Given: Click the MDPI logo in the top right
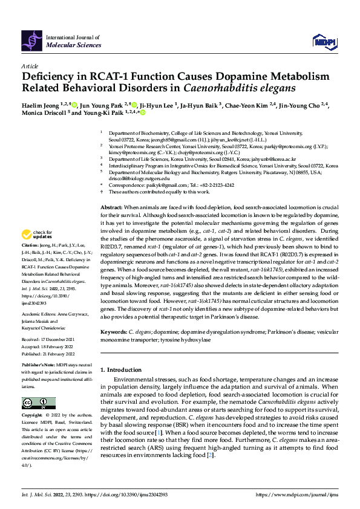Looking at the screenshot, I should (324, 41).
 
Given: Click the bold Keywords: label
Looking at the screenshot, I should (114, 332).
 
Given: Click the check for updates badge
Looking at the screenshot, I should (37, 235).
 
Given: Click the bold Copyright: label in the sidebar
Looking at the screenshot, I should (33, 416).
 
